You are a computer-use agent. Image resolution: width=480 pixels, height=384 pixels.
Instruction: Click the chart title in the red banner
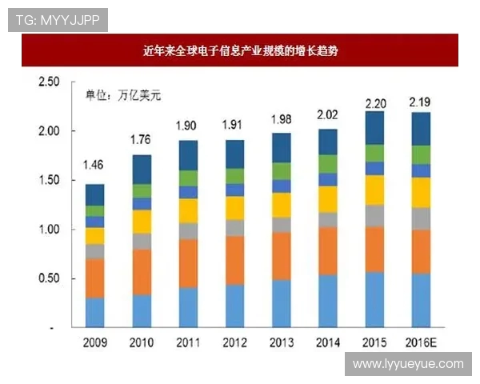tap(240, 50)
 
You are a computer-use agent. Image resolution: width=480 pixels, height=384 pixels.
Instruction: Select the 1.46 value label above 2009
tap(94, 166)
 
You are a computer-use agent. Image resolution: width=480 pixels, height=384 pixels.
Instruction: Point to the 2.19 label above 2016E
tap(421, 103)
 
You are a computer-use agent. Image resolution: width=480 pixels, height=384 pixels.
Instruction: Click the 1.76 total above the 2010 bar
tap(141, 141)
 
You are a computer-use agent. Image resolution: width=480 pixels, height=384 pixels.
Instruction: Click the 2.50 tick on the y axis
tap(49, 82)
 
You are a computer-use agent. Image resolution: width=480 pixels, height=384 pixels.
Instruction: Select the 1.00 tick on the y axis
tap(49, 230)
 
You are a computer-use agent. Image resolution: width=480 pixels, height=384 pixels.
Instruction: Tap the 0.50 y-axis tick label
tap(49, 278)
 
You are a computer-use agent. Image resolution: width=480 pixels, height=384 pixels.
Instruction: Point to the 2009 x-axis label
tap(94, 342)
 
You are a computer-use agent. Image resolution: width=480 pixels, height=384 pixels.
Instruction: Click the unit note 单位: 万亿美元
tap(123, 95)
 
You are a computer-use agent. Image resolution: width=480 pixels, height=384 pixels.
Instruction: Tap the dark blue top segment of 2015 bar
tap(374, 128)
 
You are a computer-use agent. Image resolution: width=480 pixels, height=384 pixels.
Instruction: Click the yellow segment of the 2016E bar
tap(421, 192)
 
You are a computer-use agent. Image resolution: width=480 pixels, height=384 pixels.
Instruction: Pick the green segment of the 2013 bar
tap(281, 170)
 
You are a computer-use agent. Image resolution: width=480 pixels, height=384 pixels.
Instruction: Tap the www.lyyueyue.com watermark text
tap(408, 364)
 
